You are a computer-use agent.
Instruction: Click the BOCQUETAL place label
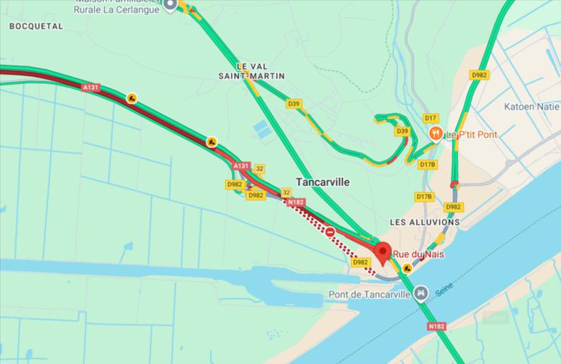pyautogui.click(x=36, y=26)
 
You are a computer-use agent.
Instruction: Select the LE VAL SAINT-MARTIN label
pyautogui.click(x=261, y=71)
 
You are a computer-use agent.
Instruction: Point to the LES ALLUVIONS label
pyautogui.click(x=425, y=222)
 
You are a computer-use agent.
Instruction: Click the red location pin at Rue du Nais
pyautogui.click(x=383, y=252)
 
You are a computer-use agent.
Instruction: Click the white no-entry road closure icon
pyautogui.click(x=330, y=232)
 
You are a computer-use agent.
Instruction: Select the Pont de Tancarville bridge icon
pyautogui.click(x=421, y=292)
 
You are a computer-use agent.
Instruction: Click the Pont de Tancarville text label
pyautogui.click(x=369, y=294)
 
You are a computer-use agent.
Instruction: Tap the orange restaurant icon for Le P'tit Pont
pyautogui.click(x=435, y=134)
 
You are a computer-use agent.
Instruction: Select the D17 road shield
pyautogui.click(x=431, y=118)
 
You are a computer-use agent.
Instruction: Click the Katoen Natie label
pyautogui.click(x=532, y=106)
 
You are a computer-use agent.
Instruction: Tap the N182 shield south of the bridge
pyautogui.click(x=436, y=326)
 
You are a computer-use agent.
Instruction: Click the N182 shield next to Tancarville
pyautogui.click(x=295, y=202)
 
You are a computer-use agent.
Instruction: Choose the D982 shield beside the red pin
pyautogui.click(x=361, y=262)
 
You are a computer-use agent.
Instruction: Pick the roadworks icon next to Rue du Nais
pyautogui.click(x=406, y=268)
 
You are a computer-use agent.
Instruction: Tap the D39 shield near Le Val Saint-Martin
pyautogui.click(x=293, y=104)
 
